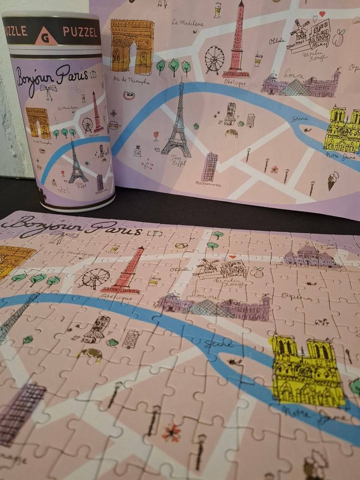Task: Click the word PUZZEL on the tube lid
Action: coord(80,31)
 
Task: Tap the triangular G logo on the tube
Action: coord(46,37)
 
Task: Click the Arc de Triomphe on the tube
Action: coord(38,122)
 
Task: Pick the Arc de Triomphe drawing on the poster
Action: coord(132,46)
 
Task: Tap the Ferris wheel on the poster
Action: coord(214,60)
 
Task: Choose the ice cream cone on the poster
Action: coord(333,180)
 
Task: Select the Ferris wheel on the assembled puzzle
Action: coord(95,278)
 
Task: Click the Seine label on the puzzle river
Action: coord(216,344)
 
